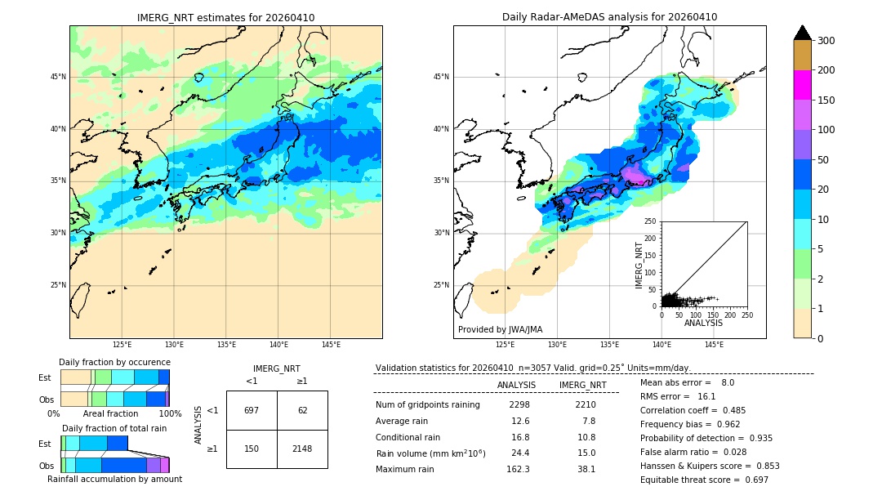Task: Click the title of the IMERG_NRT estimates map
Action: pyautogui.click(x=225, y=17)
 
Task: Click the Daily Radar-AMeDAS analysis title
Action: pyautogui.click(x=609, y=17)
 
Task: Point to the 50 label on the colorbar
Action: pyautogui.click(x=825, y=160)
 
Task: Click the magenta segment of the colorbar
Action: pyautogui.click(x=802, y=85)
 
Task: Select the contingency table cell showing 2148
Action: pyautogui.click(x=302, y=449)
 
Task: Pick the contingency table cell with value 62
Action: pyautogui.click(x=302, y=410)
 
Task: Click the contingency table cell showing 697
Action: pyautogui.click(x=252, y=410)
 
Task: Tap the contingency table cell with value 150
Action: pyautogui.click(x=252, y=449)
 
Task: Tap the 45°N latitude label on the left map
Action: pyautogui.click(x=58, y=77)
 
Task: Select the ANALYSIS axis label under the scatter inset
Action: pyautogui.click(x=703, y=323)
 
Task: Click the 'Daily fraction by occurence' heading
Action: pyautogui.click(x=114, y=362)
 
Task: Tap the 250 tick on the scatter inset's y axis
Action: pyautogui.click(x=651, y=221)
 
